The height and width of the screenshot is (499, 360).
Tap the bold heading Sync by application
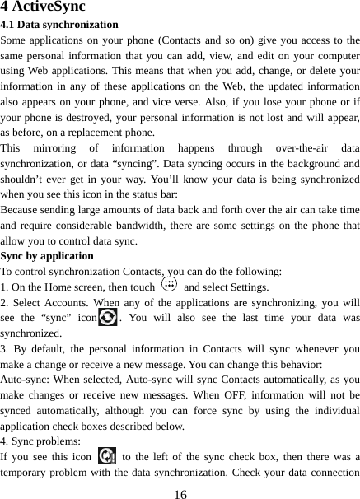[x=47, y=255]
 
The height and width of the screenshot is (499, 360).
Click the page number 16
[x=180, y=491]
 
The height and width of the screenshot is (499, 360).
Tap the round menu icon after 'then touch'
[x=169, y=285]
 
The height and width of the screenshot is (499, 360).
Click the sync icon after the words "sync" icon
[x=107, y=318]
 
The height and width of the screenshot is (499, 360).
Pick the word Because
[x=24, y=210]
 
